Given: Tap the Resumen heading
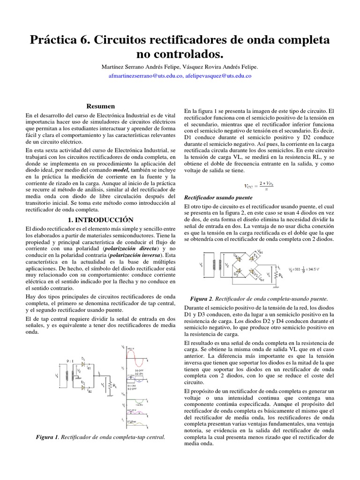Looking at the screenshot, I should (101, 106).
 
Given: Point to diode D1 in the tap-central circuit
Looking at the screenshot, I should (84, 363).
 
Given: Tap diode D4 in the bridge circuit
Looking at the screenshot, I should (239, 258).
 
